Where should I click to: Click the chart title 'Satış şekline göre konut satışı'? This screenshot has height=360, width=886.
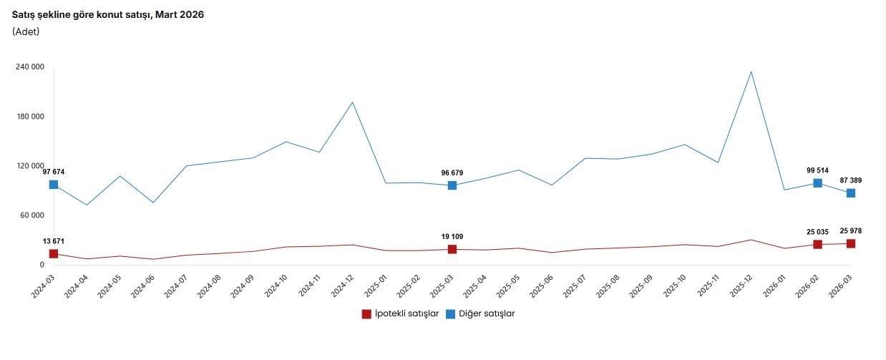click(x=107, y=15)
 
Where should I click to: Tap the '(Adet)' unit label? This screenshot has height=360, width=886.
click(x=26, y=31)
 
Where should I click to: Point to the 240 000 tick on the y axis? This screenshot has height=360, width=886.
click(x=29, y=67)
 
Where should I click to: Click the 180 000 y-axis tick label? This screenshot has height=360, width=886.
click(x=29, y=117)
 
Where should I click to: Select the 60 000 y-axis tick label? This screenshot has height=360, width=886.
click(x=31, y=215)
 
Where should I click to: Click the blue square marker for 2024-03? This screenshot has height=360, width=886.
click(x=54, y=185)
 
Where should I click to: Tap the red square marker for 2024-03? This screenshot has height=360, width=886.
click(x=54, y=254)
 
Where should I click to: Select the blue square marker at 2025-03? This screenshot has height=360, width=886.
click(x=452, y=185)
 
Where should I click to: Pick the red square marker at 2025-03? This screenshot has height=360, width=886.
click(x=452, y=249)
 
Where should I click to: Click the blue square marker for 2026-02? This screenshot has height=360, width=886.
click(x=818, y=183)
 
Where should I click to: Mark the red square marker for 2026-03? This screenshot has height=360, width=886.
click(x=851, y=244)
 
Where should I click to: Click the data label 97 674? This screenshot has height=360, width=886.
click(x=54, y=172)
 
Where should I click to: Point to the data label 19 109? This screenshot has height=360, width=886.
click(x=452, y=236)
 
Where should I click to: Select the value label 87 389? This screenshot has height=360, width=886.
click(x=851, y=180)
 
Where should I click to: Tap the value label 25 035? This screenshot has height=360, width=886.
click(x=817, y=232)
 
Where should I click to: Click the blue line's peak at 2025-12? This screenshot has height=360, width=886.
click(x=751, y=72)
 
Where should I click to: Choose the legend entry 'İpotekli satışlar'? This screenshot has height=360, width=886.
click(x=401, y=313)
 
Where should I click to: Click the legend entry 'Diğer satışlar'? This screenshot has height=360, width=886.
click(x=480, y=313)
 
